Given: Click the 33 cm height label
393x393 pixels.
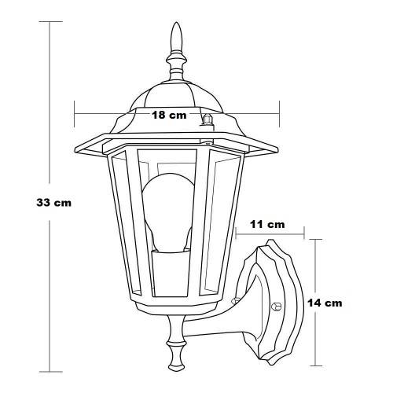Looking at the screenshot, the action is coord(53,203).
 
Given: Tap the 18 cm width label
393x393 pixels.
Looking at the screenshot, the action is coord(169,115).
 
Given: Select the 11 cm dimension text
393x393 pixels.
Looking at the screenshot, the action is coord(267,224).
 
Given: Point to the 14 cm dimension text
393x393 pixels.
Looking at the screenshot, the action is coord(325,303).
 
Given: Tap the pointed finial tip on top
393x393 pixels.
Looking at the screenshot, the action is coord(176,24).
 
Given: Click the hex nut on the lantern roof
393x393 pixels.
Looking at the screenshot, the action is coord(207,119).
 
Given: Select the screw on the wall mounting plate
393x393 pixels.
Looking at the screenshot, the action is coord(277,306).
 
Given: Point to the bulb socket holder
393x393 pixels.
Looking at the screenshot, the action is coord(171,274).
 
